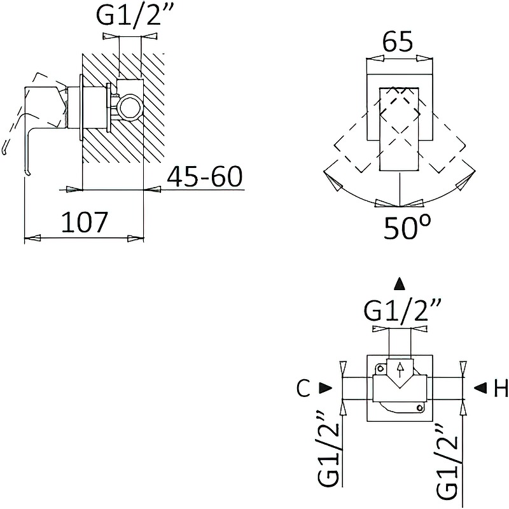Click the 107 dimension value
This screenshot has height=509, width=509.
pyautogui.click(x=84, y=222)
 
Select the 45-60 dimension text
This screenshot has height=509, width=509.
pyautogui.click(x=205, y=177)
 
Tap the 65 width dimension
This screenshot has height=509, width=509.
pyautogui.click(x=398, y=41)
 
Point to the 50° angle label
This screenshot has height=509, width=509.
pyautogui.click(x=407, y=227)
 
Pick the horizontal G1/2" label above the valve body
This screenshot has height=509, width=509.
pyautogui.click(x=402, y=310)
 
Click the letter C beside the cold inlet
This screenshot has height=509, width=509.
pyautogui.click(x=303, y=388)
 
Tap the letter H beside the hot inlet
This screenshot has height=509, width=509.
pyautogui.click(x=501, y=388)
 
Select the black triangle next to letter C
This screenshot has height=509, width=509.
pyautogui.click(x=325, y=387)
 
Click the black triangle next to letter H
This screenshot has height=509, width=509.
pyautogui.click(x=480, y=387)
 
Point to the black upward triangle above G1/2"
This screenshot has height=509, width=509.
pyautogui.click(x=400, y=284)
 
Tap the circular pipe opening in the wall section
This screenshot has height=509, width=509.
pyautogui.click(x=130, y=108)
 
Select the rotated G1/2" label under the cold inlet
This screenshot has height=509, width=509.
pyautogui.click(x=329, y=455)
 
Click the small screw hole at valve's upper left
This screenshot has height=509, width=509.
pyautogui.click(x=379, y=369)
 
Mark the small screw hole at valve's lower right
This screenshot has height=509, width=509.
pyautogui.click(x=421, y=407)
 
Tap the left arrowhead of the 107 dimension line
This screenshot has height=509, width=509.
pyautogui.click(x=32, y=238)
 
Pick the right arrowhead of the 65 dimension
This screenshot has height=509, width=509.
pyautogui.click(x=424, y=59)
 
